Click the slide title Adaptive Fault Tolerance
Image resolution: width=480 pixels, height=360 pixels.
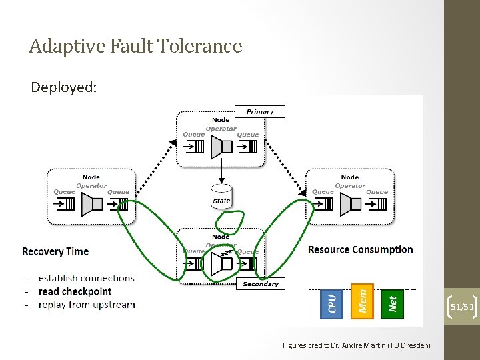pyautogui.click(x=135, y=46)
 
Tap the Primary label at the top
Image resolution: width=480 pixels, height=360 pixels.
pyautogui.click(x=260, y=111)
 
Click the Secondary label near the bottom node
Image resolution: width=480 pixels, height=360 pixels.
pyautogui.click(x=261, y=284)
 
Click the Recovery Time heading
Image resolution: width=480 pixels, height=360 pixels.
pyautogui.click(x=55, y=251)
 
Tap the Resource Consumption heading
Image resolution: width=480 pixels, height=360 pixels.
pyautogui.click(x=361, y=250)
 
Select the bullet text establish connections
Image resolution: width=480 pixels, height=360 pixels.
pyautogui.click(x=86, y=278)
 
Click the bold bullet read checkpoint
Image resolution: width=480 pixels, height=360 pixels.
pyautogui.click(x=75, y=291)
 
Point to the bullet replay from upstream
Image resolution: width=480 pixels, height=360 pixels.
pyautogui.click(x=87, y=305)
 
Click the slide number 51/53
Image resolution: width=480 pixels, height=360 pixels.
pyautogui.click(x=462, y=307)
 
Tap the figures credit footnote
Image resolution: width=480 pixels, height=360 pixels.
pyautogui.click(x=356, y=345)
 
